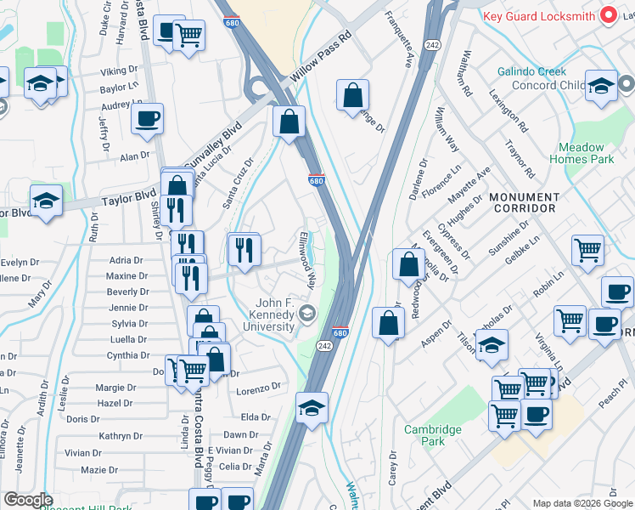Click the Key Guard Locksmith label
click(x=537, y=16)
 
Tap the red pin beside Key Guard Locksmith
click(x=608, y=15)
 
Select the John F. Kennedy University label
click(x=276, y=316)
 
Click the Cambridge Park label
click(x=433, y=435)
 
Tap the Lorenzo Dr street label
click(x=258, y=388)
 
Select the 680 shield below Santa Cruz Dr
click(x=315, y=181)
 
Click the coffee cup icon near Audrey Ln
click(x=147, y=118)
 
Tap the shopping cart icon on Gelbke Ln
click(x=587, y=250)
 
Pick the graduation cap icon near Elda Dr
click(x=312, y=408)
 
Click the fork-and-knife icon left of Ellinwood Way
click(x=244, y=249)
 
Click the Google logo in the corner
click(x=28, y=501)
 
